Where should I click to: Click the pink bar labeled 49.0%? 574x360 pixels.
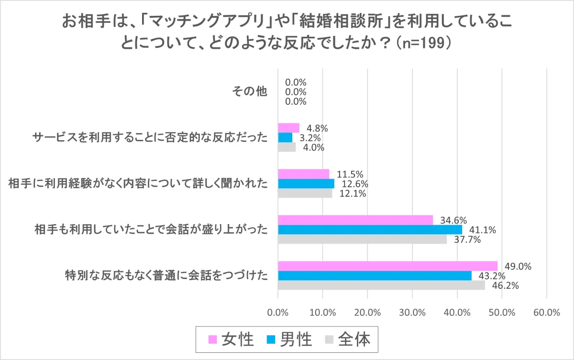[x=387, y=266]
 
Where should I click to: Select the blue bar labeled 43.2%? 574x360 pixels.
[x=375, y=276]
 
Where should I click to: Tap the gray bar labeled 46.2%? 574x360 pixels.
[x=381, y=285]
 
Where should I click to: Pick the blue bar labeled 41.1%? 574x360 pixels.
[x=370, y=230]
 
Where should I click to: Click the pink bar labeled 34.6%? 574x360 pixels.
[x=355, y=220]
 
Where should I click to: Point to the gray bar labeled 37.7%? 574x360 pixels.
[x=362, y=239]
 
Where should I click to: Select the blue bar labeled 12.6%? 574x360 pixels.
[x=306, y=184]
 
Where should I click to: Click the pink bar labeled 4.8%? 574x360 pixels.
[x=288, y=128]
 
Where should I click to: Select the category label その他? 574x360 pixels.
[x=249, y=92]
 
